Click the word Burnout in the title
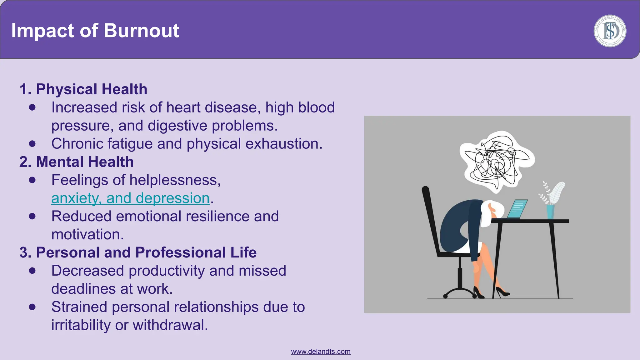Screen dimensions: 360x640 pos(141,31)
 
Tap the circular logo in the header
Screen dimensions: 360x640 pos(610,31)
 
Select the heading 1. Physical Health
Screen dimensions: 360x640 pos(83,89)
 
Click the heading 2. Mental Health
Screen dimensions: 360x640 pos(77,162)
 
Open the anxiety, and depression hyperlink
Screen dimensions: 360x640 pos(130,198)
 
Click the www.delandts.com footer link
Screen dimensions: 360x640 pos(321,352)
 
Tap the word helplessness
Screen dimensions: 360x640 pos(175,180)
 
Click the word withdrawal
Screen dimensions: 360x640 pos(170,325)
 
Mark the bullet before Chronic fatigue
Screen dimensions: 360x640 pos(32,144)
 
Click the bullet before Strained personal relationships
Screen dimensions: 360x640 pos(32,307)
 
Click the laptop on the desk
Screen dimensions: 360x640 pos(517,209)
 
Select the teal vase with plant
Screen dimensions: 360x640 pos(551,212)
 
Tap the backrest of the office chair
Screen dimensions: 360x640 pos(431,219)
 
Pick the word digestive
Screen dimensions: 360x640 pos(177,126)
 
